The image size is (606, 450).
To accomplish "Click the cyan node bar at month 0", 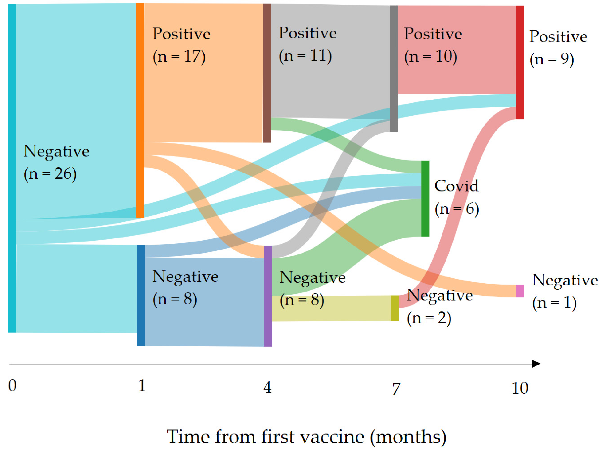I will pyautogui.click(x=12, y=168).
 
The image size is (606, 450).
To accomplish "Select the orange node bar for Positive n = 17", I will pyautogui.click(x=140, y=110).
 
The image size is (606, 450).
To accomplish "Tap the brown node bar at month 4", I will pyautogui.click(x=267, y=73).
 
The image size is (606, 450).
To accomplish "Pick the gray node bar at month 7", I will pyautogui.click(x=393, y=68).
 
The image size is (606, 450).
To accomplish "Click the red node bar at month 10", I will pyautogui.click(x=519, y=62).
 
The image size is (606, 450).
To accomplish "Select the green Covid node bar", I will pyautogui.click(x=425, y=198).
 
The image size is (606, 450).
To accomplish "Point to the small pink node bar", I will pyautogui.click(x=519, y=291).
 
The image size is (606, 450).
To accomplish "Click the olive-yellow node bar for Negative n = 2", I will pyautogui.click(x=395, y=308).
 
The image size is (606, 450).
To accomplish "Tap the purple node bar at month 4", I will pyautogui.click(x=267, y=296).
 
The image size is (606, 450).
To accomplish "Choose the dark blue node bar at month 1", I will pyautogui.click(x=141, y=295).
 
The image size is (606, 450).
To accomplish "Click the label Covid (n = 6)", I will pyautogui.click(x=456, y=197).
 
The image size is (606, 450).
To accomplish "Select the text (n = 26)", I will pyautogui.click(x=50, y=174).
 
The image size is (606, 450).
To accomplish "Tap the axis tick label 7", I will pyautogui.click(x=396, y=388).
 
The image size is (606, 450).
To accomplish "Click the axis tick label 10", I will pyautogui.click(x=520, y=388).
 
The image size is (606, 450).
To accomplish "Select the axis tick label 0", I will pyautogui.click(x=12, y=386).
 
